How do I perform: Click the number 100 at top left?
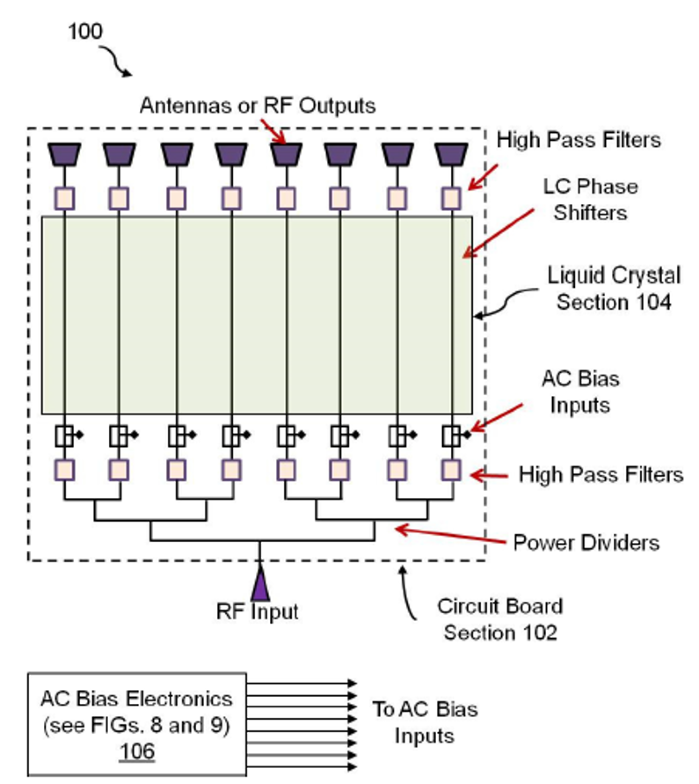pos(85,32)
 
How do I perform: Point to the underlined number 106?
pos(137,751)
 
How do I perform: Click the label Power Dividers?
pos(586,543)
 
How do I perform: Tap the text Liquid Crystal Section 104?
pos(614,288)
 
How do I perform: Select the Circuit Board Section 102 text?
pos(500,619)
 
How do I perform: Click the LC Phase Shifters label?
pos(590,200)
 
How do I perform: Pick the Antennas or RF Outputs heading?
pos(257,106)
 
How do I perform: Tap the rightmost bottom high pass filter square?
pos(451,470)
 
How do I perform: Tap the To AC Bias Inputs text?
pos(425,722)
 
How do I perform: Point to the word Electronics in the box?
pos(179,699)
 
